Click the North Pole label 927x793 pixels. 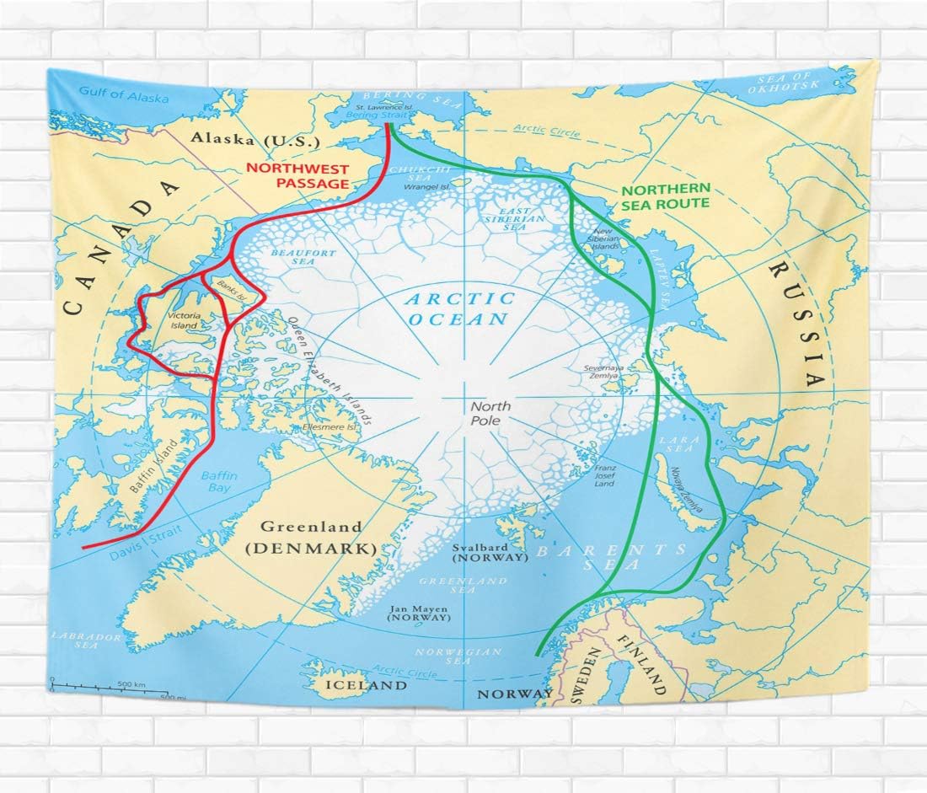pyautogui.click(x=485, y=414)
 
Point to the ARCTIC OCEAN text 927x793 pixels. pyautogui.click(x=459, y=308)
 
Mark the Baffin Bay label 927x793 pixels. pyautogui.click(x=219, y=482)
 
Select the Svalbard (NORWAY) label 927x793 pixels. pyautogui.click(x=489, y=552)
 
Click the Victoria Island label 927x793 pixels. pyautogui.click(x=183, y=320)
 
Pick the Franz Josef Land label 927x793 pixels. pyautogui.click(x=604, y=475)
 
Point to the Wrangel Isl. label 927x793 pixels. pyautogui.click(x=427, y=186)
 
